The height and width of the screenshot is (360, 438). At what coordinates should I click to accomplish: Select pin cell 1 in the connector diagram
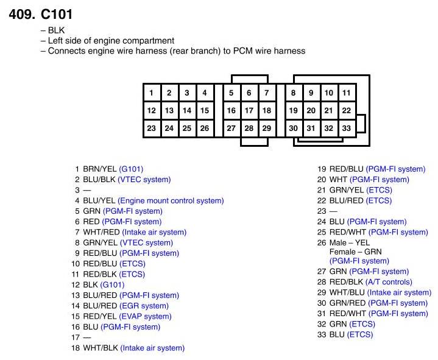click(151, 93)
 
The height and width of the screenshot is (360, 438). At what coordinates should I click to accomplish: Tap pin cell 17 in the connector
click(249, 111)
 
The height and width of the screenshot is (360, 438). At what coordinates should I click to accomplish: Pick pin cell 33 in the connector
click(346, 129)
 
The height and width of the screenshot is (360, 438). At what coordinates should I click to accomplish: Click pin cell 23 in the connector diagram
click(151, 129)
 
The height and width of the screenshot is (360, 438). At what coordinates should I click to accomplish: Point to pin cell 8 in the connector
click(294, 93)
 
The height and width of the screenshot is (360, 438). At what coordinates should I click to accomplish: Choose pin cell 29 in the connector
click(266, 129)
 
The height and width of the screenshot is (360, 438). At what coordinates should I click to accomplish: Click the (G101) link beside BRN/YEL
click(131, 169)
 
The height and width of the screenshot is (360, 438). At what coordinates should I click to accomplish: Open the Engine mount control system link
click(171, 200)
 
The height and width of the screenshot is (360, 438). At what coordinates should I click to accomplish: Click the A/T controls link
click(389, 282)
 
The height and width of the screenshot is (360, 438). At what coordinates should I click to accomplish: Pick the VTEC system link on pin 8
click(147, 242)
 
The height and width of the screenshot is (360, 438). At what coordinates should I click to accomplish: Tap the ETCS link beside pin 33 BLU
click(360, 334)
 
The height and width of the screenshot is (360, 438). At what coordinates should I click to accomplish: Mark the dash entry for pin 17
click(87, 337)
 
